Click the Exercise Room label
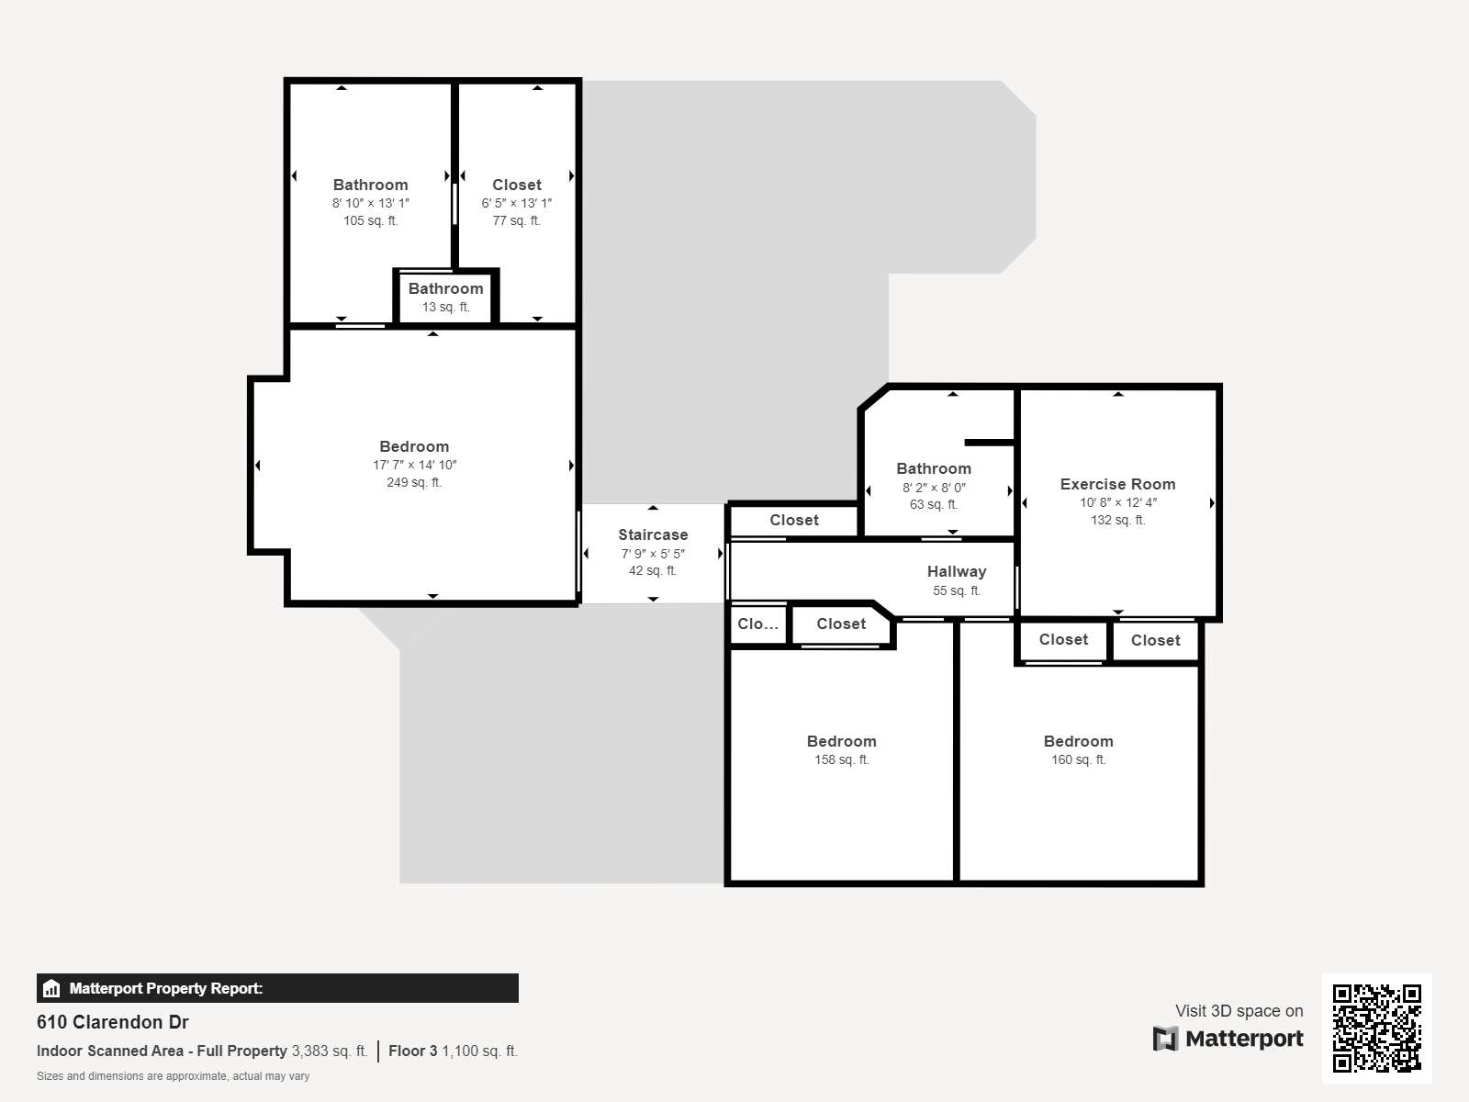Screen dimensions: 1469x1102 click(1117, 484)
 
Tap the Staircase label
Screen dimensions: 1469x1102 click(653, 534)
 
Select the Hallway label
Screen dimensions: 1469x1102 click(957, 571)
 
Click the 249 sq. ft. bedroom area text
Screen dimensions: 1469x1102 click(413, 482)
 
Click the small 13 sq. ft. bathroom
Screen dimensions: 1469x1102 click(445, 297)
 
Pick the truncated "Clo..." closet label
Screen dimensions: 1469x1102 click(757, 624)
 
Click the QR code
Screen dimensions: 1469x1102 click(1376, 1028)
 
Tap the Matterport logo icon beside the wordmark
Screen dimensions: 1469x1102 click(1165, 1039)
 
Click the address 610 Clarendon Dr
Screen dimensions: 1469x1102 click(112, 1022)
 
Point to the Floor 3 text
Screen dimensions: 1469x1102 click(413, 1051)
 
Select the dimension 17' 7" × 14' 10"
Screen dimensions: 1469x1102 click(414, 465)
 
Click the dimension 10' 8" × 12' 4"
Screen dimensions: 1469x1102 click(1117, 501)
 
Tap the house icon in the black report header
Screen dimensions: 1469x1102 click(51, 988)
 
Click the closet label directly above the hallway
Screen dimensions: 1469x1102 click(794, 520)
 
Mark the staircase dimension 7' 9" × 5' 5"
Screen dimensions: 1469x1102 click(653, 554)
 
